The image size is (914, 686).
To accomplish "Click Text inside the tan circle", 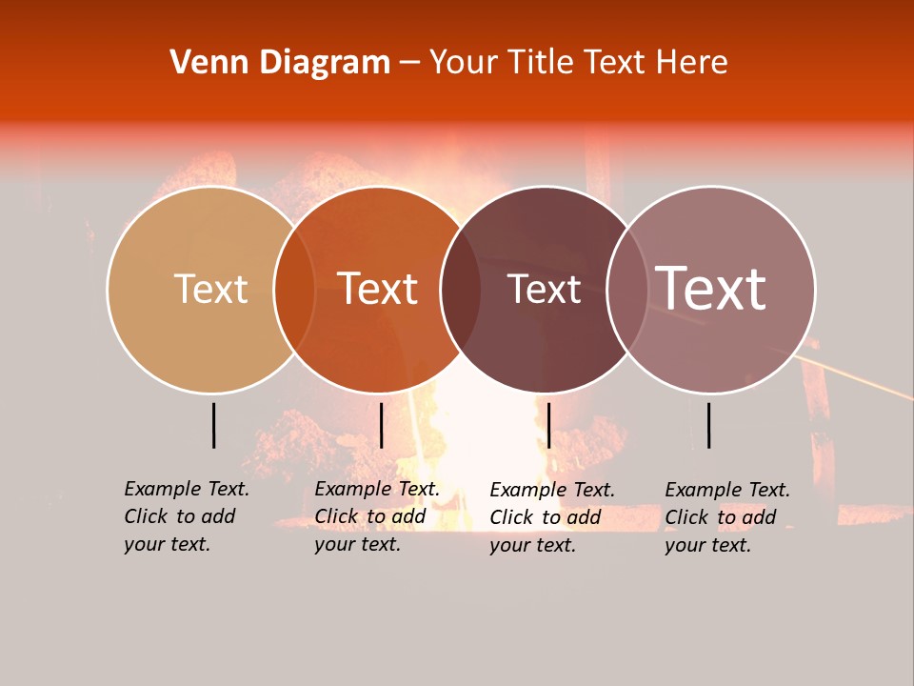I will coord(210,289).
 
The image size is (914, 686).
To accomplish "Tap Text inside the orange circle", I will coord(378,289).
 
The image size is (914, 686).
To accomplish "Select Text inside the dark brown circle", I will coord(544,290).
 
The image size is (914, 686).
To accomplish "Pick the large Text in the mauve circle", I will coord(711,289).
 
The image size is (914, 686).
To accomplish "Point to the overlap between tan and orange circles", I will coord(294,290).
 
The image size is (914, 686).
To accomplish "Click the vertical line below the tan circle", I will coord(214,425).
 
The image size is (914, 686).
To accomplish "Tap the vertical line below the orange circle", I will coord(381,425).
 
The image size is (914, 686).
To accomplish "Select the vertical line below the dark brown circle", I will coord(548,425).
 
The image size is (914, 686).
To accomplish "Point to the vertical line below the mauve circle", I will coord(708,425).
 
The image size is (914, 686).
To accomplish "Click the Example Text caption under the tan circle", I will coord(186,516).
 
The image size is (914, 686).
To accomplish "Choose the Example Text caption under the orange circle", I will coord(376,516).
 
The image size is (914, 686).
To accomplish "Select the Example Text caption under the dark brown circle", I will coord(551,517).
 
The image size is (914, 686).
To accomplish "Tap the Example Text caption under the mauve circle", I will coord(726,517).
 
